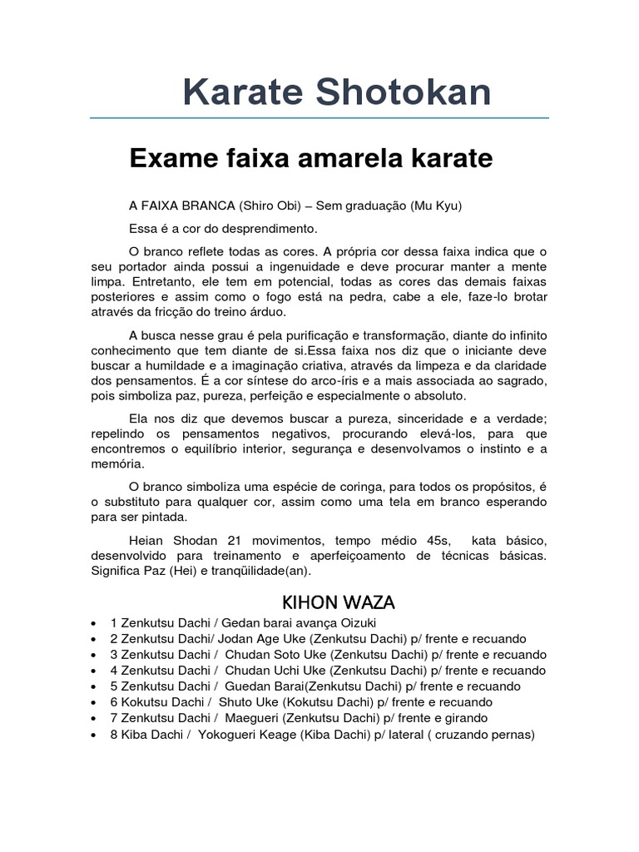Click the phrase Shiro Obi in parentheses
265,206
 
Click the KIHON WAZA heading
327,602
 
